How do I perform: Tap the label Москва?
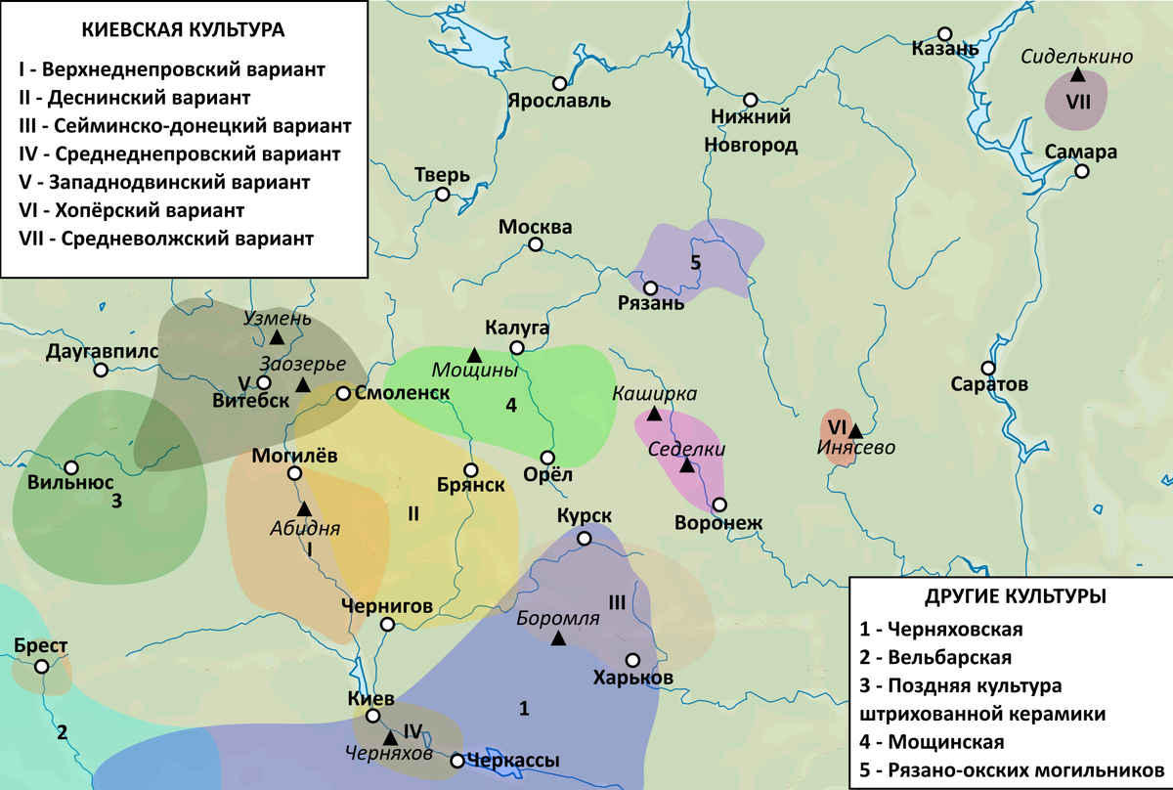tap(535, 227)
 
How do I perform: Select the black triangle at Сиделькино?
tap(1076, 74)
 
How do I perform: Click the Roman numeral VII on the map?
tap(1078, 101)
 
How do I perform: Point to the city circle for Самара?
tap(1082, 171)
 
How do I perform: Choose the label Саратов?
tap(989, 384)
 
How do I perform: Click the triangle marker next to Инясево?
tap(855, 430)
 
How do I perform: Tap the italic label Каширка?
tap(654, 393)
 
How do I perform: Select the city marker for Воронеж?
tap(719, 505)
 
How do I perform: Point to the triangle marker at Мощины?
tap(473, 354)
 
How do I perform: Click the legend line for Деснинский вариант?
tap(134, 98)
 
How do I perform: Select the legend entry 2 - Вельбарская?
tap(943, 656)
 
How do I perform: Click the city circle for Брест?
tap(41, 667)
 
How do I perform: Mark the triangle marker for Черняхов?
tap(390, 736)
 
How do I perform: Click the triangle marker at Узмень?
tap(278, 337)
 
